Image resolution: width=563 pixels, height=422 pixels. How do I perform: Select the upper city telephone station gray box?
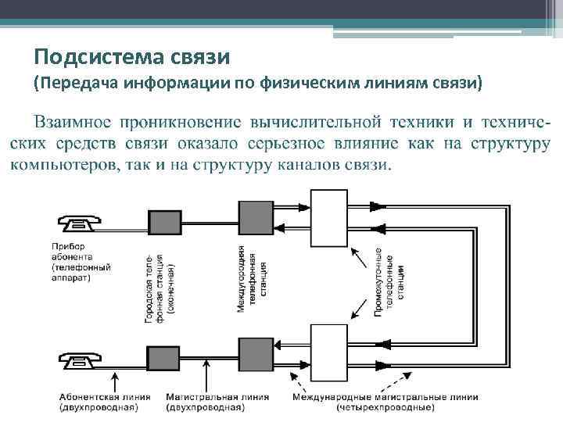point(166,224)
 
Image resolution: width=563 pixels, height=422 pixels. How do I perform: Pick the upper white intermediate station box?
point(328,218)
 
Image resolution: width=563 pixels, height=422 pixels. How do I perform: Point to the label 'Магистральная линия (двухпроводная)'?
point(217,402)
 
